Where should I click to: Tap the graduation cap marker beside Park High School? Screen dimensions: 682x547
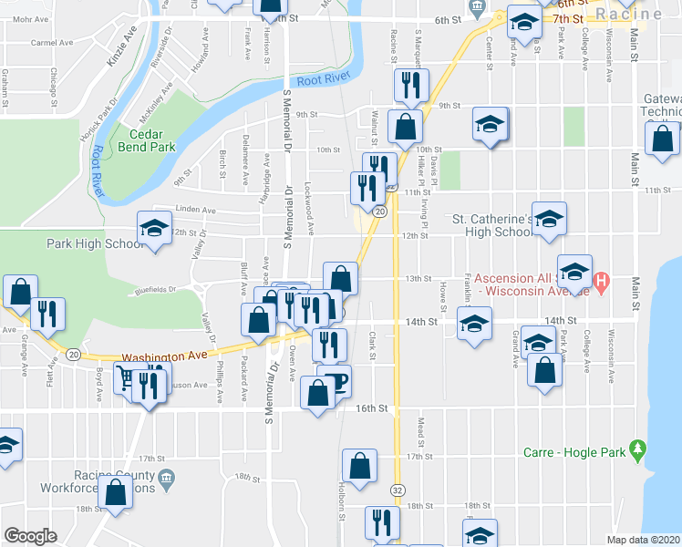click(154, 228)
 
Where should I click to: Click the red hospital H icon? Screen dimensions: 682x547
click(601, 282)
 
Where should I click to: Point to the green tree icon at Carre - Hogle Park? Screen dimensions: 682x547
click(638, 450)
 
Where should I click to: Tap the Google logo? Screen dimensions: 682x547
click(30, 535)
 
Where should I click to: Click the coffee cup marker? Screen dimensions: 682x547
click(336, 381)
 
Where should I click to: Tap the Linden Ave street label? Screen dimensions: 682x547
click(196, 210)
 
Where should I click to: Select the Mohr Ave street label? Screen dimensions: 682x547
click(21, 16)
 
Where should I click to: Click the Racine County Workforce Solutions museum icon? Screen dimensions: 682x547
click(165, 478)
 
